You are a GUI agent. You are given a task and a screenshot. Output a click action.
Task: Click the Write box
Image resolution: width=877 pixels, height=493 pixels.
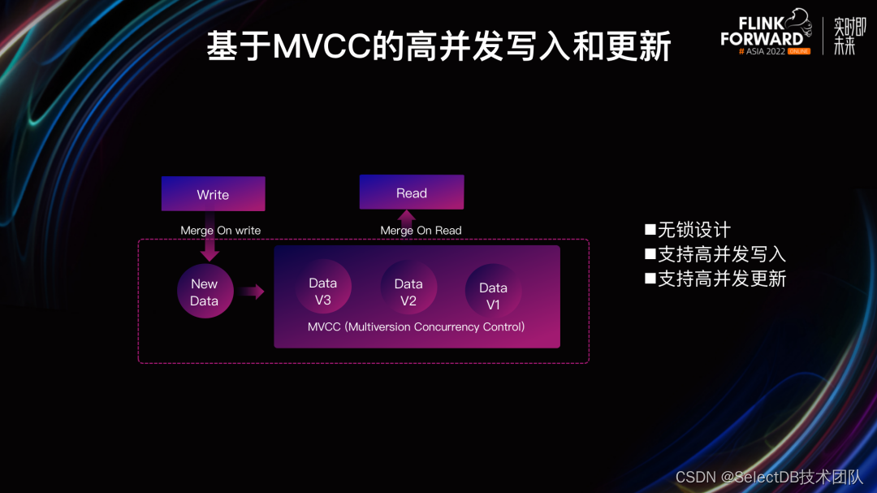click(213, 193)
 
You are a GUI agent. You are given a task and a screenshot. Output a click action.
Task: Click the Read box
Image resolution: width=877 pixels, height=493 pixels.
click(412, 192)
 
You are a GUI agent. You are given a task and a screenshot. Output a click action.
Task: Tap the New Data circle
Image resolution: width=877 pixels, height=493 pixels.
click(205, 292)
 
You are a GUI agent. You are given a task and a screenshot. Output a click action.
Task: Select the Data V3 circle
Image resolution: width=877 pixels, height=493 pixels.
click(323, 287)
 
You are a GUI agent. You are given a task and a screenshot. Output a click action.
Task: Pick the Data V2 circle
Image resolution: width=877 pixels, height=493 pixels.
click(408, 287)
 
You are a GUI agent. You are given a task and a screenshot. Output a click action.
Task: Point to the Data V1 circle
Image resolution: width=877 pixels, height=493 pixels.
click(493, 291)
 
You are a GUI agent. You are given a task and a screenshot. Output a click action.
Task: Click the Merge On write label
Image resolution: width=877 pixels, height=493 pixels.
click(220, 230)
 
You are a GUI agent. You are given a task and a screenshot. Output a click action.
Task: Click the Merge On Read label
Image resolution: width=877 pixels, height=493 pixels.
click(421, 230)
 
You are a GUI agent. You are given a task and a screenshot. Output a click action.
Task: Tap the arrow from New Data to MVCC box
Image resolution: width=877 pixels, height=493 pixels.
click(251, 291)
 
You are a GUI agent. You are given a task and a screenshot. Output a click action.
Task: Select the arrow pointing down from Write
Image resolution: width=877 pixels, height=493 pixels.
click(210, 236)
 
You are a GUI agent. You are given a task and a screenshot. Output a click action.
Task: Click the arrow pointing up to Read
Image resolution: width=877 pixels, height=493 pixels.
click(407, 223)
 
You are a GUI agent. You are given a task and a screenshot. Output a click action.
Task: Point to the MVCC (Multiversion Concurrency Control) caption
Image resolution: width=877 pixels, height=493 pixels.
click(416, 327)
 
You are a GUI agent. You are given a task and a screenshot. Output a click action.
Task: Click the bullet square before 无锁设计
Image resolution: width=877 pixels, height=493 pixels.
click(650, 229)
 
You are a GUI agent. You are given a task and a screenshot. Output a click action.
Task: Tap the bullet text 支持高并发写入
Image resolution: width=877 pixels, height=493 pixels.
click(722, 254)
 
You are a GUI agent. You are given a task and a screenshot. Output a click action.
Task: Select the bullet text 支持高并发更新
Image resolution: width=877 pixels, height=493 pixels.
click(722, 279)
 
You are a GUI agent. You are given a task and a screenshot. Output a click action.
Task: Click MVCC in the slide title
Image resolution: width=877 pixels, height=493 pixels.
click(322, 45)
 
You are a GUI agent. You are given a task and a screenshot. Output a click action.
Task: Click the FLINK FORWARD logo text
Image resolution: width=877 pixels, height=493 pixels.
click(762, 32)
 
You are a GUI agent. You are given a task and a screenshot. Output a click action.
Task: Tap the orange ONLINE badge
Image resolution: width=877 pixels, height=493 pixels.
click(799, 51)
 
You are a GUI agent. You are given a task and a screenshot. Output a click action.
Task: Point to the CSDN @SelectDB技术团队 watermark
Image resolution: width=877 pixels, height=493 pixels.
click(769, 477)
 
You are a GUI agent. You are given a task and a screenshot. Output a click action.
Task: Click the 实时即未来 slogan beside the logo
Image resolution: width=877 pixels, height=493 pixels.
click(849, 36)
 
